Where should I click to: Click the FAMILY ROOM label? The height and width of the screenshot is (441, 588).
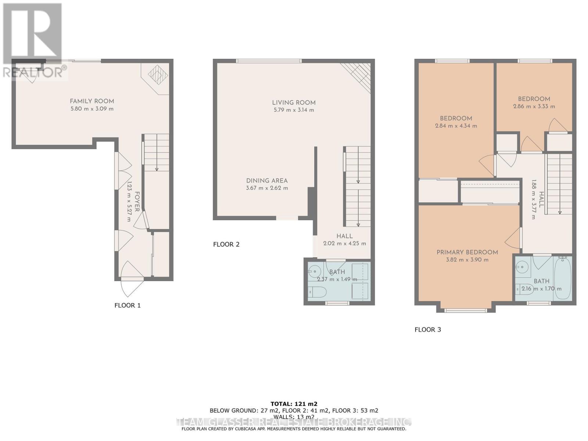[x=92, y=101]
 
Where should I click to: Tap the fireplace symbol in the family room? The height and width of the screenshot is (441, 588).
[x=158, y=75]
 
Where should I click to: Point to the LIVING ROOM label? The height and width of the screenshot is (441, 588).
[x=294, y=103]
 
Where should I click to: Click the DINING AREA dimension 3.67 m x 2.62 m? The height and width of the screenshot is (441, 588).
[x=267, y=188]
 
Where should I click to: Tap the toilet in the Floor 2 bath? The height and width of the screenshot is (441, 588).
[x=317, y=293]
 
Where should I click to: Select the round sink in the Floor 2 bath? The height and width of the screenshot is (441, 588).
[x=314, y=272]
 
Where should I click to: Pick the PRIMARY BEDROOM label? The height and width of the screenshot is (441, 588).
[x=467, y=252]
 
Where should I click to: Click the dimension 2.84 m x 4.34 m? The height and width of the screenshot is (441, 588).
[x=456, y=126]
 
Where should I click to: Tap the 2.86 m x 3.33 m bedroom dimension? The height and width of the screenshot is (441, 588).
[x=534, y=107]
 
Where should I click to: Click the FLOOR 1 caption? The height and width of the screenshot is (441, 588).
[x=128, y=305]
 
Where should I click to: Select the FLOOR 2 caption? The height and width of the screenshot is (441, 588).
[x=226, y=244]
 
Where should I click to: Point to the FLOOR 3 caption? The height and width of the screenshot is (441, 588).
[x=428, y=330]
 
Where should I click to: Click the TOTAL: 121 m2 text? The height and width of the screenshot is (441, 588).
[x=294, y=404]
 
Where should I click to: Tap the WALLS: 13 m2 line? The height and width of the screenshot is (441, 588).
[x=294, y=417]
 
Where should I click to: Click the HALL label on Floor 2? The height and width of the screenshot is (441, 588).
[x=344, y=236]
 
